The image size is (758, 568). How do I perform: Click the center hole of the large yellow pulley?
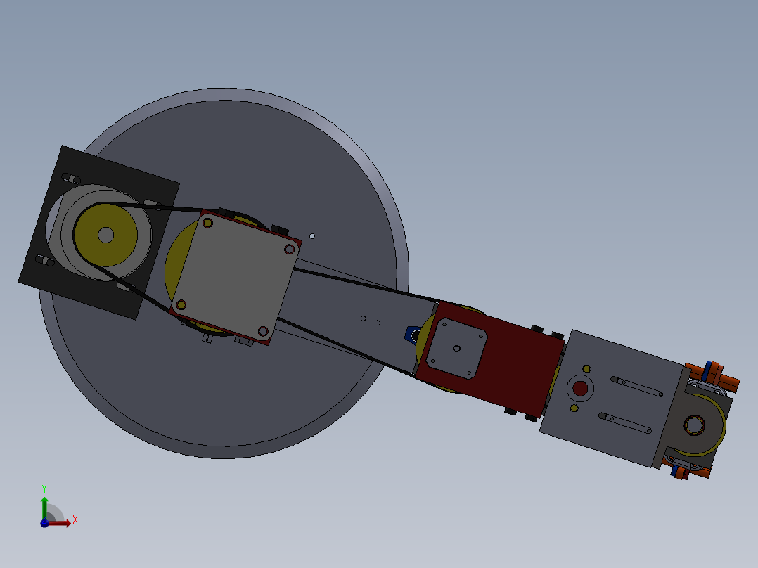pyautogui.click(x=105, y=235)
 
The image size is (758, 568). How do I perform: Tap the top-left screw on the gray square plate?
pyautogui.click(x=207, y=223)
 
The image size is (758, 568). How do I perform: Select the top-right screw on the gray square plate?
pyautogui.click(x=288, y=249)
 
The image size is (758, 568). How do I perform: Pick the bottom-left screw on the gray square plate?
pyautogui.click(x=181, y=304)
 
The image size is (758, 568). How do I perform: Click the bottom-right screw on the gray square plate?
pyautogui.click(x=263, y=330)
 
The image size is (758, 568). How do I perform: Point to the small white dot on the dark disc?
pyautogui.click(x=312, y=236)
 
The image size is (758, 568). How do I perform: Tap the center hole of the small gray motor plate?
pyautogui.click(x=456, y=348)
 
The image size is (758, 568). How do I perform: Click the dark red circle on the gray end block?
pyautogui.click(x=580, y=388)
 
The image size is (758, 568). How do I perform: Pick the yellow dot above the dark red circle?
pyautogui.click(x=586, y=368)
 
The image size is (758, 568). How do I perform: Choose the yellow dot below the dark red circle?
pyautogui.click(x=574, y=408)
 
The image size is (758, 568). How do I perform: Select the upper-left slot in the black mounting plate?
pyautogui.click(x=70, y=176)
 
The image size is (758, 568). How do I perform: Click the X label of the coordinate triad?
pyautogui.click(x=75, y=520)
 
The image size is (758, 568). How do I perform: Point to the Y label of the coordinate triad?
pyautogui.click(x=44, y=489)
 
